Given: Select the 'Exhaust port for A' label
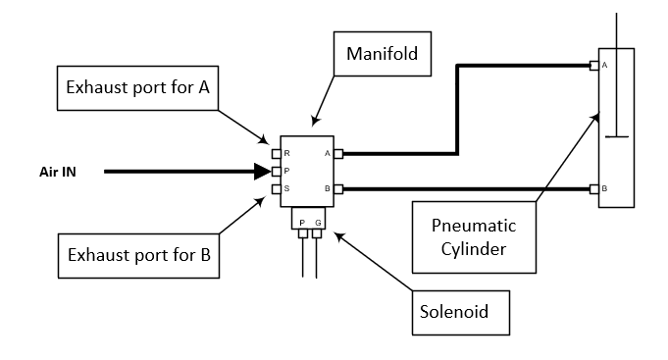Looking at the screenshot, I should point(137,87).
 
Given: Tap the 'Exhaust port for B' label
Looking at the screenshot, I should point(137,257).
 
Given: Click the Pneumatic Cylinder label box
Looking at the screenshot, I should point(475,236).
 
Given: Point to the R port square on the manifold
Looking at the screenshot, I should point(276,154).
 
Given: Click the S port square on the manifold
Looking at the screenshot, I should point(276,188).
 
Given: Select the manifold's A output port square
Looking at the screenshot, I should point(338,154).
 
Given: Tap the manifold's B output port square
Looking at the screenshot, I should point(338,188).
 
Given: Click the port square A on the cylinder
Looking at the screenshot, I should point(593,66).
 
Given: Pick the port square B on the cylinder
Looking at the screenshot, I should point(593,188).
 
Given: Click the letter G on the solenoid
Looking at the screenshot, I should point(318,224).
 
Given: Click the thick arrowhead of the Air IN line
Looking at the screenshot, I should point(262,172).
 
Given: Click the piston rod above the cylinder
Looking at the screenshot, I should point(616,29).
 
